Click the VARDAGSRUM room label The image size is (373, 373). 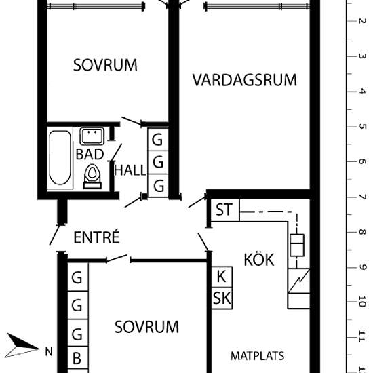(245, 80)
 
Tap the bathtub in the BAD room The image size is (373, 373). (60, 157)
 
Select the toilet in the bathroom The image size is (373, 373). (92, 176)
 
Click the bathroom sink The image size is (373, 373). (92, 136)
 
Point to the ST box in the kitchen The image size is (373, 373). (225, 210)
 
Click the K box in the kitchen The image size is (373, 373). (222, 277)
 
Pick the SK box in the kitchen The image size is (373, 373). (222, 298)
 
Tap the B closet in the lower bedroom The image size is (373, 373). (78, 358)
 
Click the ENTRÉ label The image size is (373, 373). (96, 237)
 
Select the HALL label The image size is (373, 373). (130, 170)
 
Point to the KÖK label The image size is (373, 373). (259, 260)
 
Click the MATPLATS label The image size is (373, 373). (257, 356)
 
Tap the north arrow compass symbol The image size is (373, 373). (22, 346)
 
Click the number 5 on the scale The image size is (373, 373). (362, 126)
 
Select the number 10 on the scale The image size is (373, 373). (362, 301)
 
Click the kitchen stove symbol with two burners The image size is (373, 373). (297, 246)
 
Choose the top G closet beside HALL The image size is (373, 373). (158, 140)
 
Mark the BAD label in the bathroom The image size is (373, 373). (90, 154)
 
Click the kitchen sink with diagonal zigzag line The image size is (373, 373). (299, 281)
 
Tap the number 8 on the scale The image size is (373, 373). (362, 232)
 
